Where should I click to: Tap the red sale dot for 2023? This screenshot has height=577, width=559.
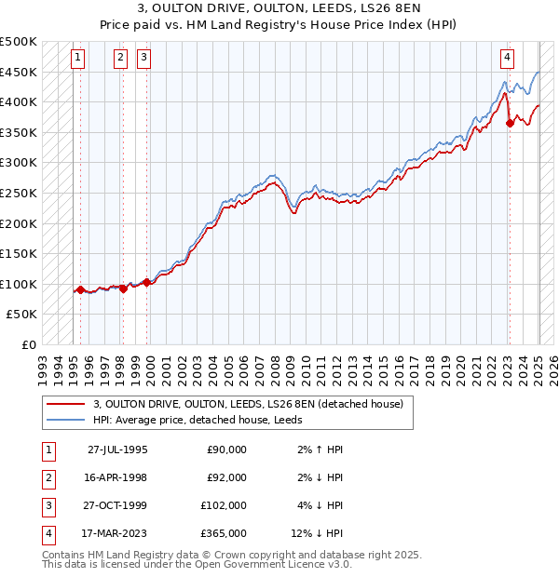(510, 123)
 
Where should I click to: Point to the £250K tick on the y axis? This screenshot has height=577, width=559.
(19, 193)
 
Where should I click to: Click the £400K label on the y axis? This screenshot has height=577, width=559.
(19, 101)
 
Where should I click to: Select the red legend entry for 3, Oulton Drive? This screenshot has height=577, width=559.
(248, 404)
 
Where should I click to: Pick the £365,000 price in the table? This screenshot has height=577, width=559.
(224, 533)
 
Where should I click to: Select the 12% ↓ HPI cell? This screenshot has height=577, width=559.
(317, 533)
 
